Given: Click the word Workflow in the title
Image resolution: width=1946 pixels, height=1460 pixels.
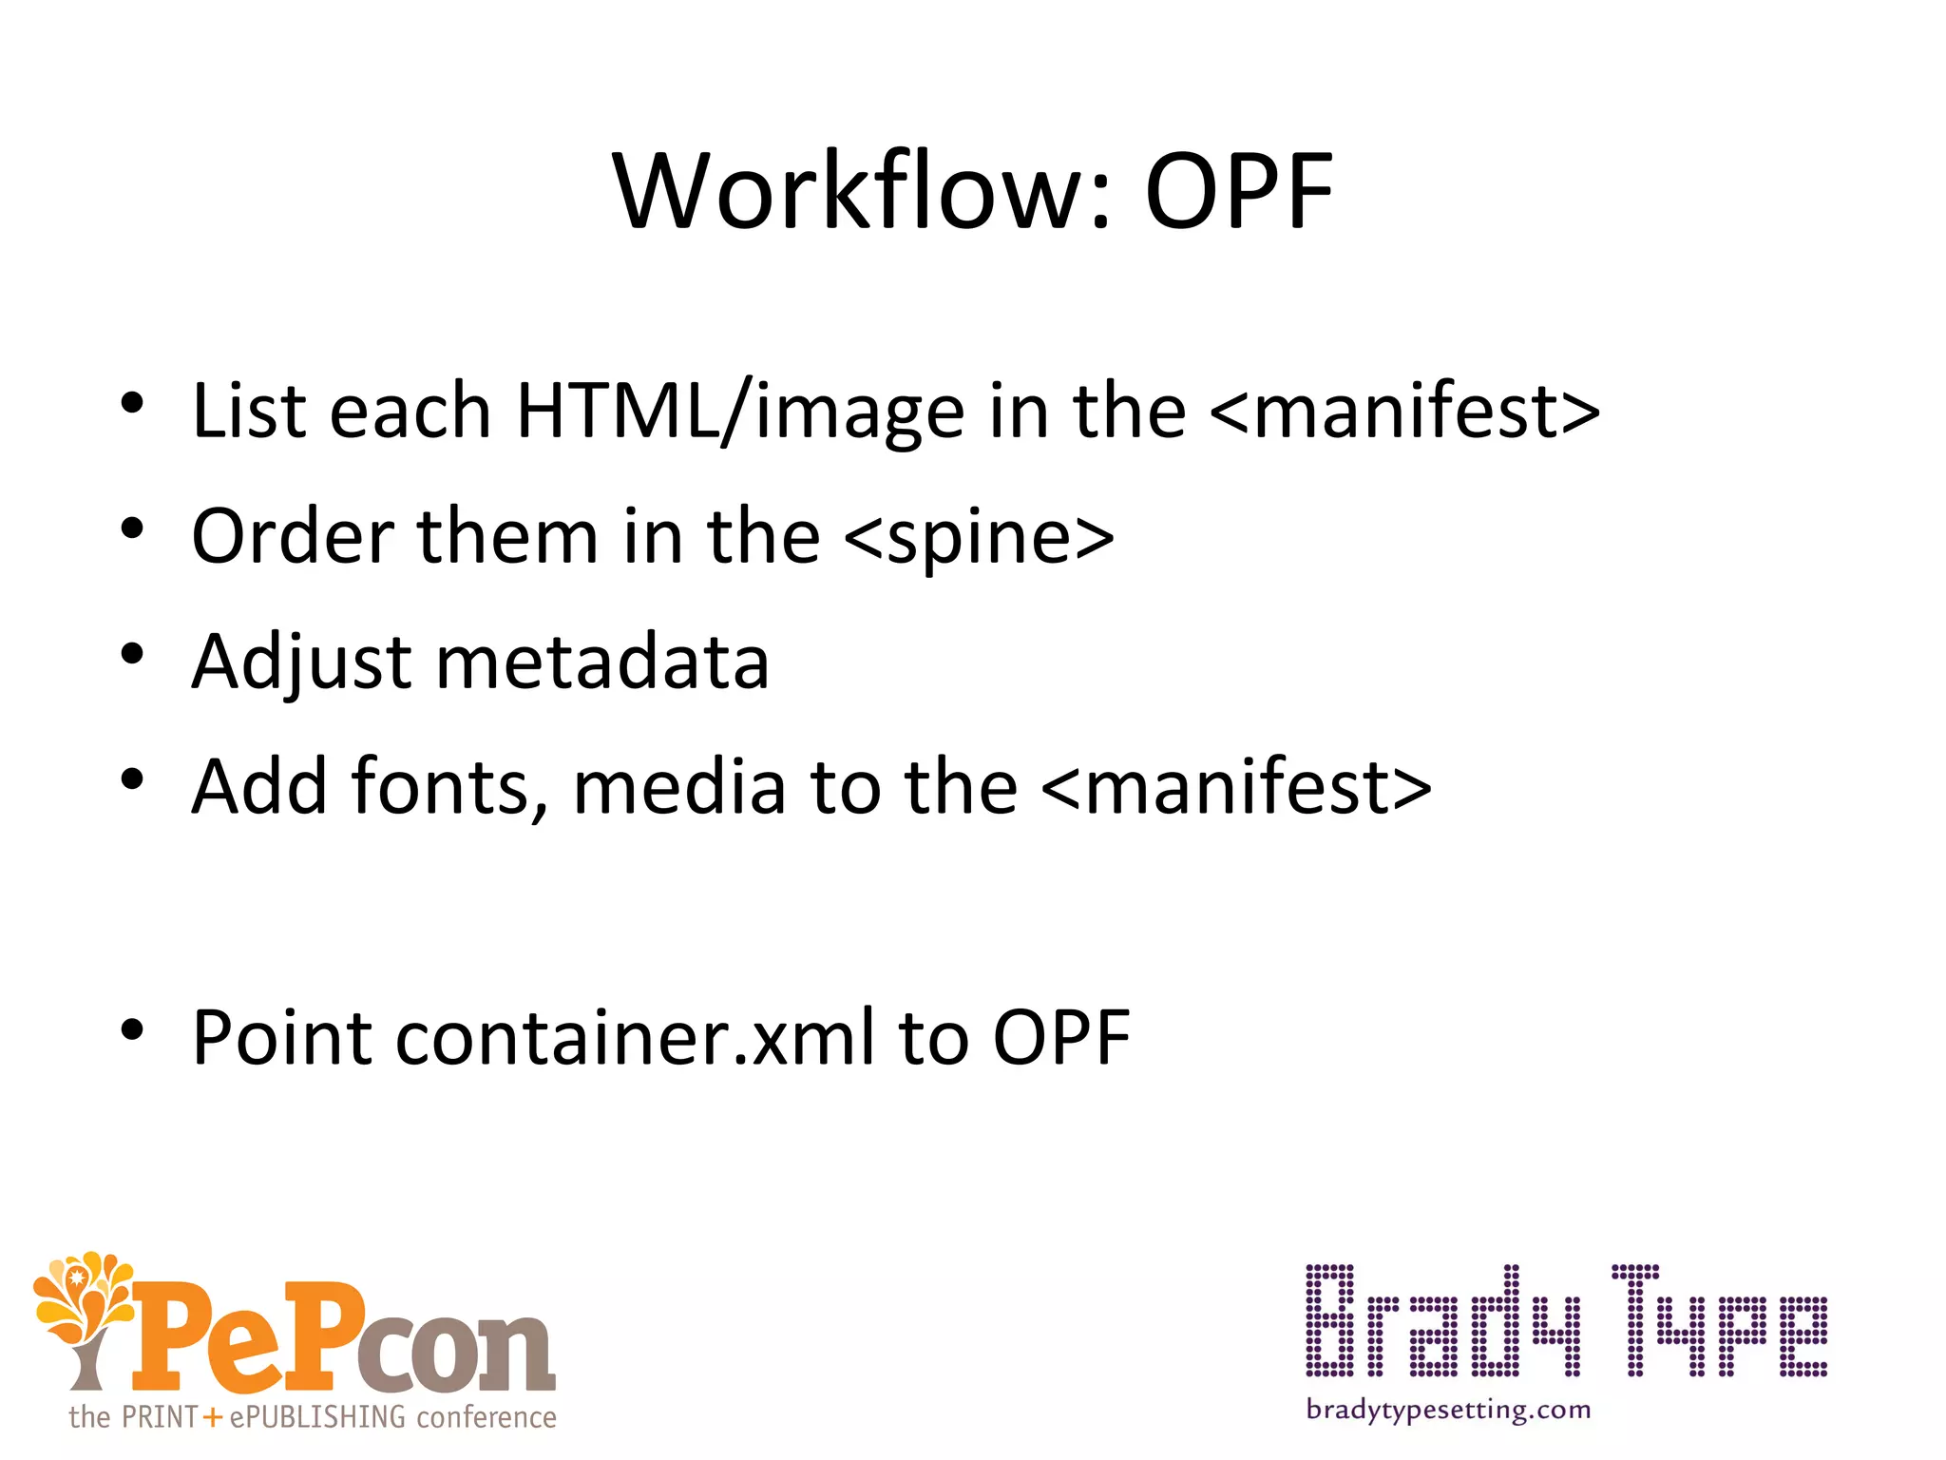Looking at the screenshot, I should [x=849, y=193].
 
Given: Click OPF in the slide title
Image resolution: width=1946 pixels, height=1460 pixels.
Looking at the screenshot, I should [x=1239, y=193].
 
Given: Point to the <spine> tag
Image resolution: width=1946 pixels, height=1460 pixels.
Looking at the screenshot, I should [x=979, y=537].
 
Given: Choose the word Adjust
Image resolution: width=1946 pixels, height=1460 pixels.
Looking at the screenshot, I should [x=300, y=663].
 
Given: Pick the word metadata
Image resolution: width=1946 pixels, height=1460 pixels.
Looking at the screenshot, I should [x=602, y=663].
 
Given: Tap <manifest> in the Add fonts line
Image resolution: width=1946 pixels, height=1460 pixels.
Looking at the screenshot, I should [x=1236, y=788].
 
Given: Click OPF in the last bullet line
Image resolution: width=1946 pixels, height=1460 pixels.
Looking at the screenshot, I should [x=1061, y=1038].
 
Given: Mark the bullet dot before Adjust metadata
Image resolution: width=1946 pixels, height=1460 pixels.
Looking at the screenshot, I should [x=132, y=654].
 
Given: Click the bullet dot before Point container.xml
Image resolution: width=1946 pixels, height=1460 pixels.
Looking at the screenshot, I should [x=132, y=1029].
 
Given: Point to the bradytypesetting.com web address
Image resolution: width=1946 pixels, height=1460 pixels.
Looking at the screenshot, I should [x=1448, y=1410].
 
